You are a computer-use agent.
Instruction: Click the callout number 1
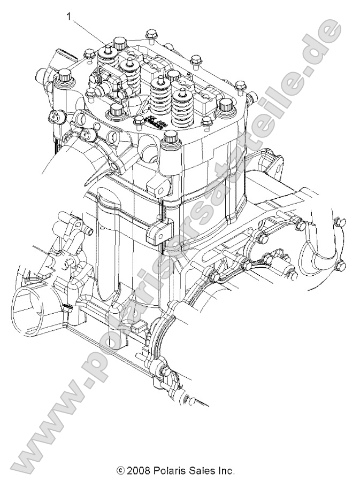point(68,17)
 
